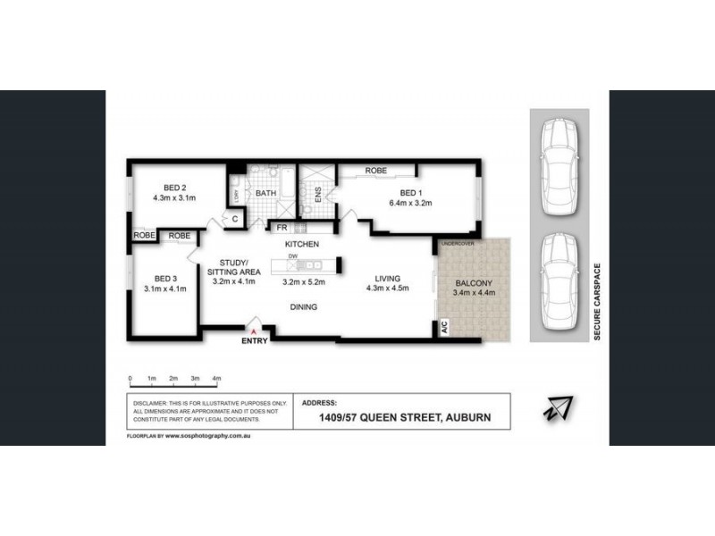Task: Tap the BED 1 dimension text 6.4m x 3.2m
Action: (x=410, y=203)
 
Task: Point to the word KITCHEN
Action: (x=302, y=244)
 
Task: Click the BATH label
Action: (x=265, y=193)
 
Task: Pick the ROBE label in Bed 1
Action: (x=375, y=171)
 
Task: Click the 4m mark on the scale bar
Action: (x=216, y=379)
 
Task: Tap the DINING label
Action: (x=302, y=307)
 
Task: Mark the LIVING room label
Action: (x=388, y=277)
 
